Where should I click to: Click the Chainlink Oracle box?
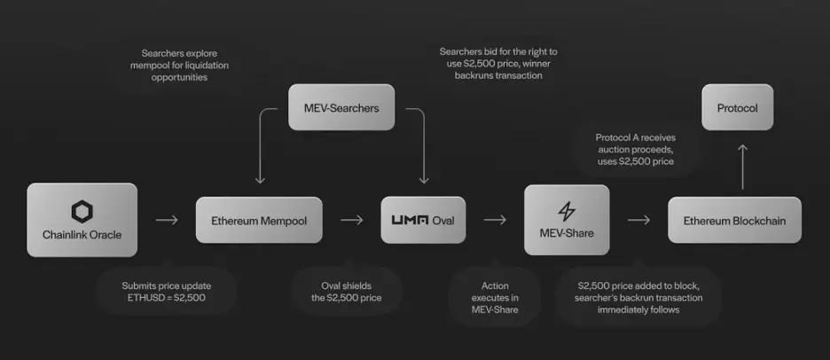pos(82,220)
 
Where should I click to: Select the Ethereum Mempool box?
pos(259,220)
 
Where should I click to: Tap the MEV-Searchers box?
pos(341,107)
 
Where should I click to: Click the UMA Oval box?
pos(423,220)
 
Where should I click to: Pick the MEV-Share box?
pos(567,220)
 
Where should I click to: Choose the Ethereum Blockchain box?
pos(734,220)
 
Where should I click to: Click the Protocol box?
pos(738,107)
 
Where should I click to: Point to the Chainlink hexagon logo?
pos(82,211)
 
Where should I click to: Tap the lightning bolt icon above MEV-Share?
pos(567,212)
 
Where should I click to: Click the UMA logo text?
pos(410,220)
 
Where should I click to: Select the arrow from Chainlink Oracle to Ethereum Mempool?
pos(167,220)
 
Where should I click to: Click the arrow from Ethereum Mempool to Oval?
pos(351,220)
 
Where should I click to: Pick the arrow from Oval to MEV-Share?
pos(495,220)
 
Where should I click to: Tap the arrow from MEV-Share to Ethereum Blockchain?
pos(638,220)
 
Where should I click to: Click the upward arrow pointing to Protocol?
pos(743,167)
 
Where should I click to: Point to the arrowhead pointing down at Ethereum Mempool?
pos(260,181)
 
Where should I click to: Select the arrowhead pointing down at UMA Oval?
pos(424,181)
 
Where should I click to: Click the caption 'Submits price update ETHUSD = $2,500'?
pos(166,292)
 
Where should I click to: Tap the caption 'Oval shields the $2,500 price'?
pos(346,292)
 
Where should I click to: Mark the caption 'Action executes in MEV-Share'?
pos(495,298)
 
